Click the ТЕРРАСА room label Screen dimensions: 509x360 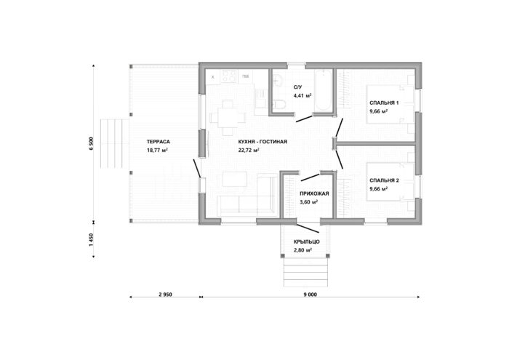pos(158,142)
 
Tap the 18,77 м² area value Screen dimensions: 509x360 pos(157,151)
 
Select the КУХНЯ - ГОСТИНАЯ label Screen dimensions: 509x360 pos(262,142)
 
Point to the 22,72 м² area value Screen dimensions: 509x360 pos(249,151)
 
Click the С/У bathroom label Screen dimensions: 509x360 pos(297,87)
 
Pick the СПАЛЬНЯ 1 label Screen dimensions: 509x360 pos(384,103)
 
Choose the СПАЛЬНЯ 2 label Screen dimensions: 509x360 pos(384,180)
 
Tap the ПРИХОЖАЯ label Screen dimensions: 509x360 pos(314,193)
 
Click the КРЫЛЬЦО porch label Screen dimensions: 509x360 pos(307,242)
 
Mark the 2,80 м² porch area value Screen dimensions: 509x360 pos(303,250)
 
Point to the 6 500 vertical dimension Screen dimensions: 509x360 pos(91,143)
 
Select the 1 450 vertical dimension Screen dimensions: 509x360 pos(91,240)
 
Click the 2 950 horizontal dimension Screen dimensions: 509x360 pos(165,295)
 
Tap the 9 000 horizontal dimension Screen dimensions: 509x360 pos(310,295)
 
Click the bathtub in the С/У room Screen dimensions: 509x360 pos(324,90)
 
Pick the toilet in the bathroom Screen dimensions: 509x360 pos(278,104)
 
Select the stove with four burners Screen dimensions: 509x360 pos(229,76)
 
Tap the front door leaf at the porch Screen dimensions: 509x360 pos(308,228)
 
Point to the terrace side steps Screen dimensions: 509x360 pos(115,143)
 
